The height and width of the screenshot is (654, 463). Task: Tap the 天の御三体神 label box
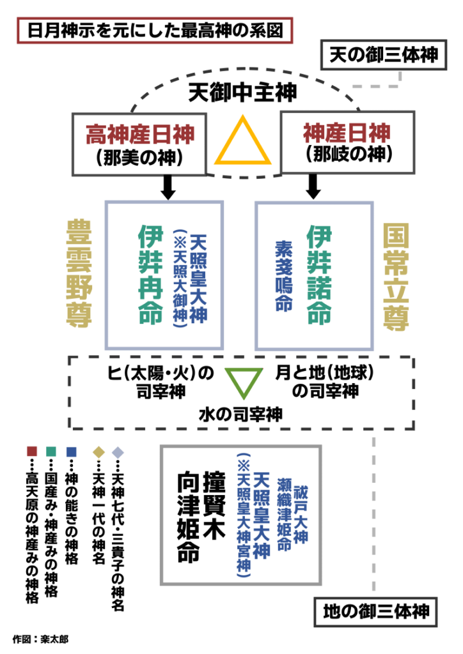point(384,54)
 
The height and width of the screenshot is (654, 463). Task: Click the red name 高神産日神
point(140,134)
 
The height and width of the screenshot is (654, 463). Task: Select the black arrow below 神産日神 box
point(313,186)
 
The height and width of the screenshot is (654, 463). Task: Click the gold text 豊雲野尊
point(80,274)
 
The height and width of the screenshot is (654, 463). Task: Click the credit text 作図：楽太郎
point(40,639)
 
